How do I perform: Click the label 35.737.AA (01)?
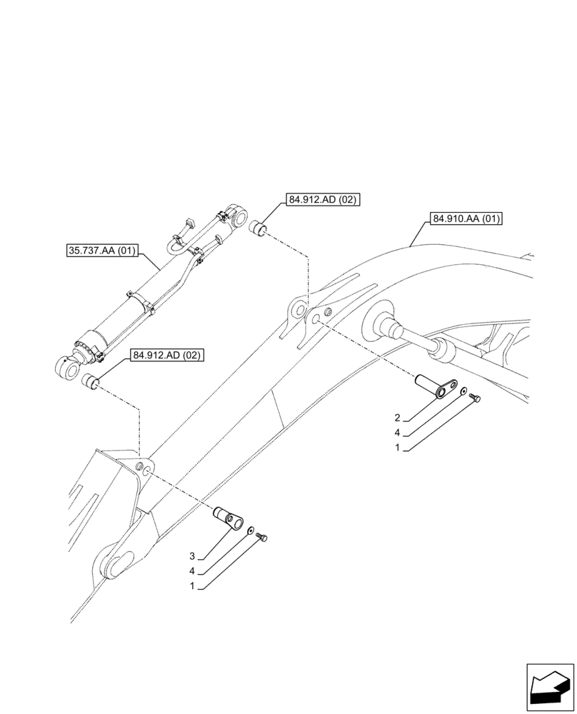[x=101, y=251]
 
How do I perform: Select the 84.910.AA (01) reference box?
[x=467, y=219]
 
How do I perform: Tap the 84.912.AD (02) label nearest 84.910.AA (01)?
[x=323, y=201]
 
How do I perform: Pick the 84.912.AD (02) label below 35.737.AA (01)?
[x=166, y=355]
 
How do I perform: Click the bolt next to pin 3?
[x=264, y=536]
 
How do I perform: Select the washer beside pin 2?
[x=463, y=392]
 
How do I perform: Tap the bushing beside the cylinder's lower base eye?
[x=91, y=381]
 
